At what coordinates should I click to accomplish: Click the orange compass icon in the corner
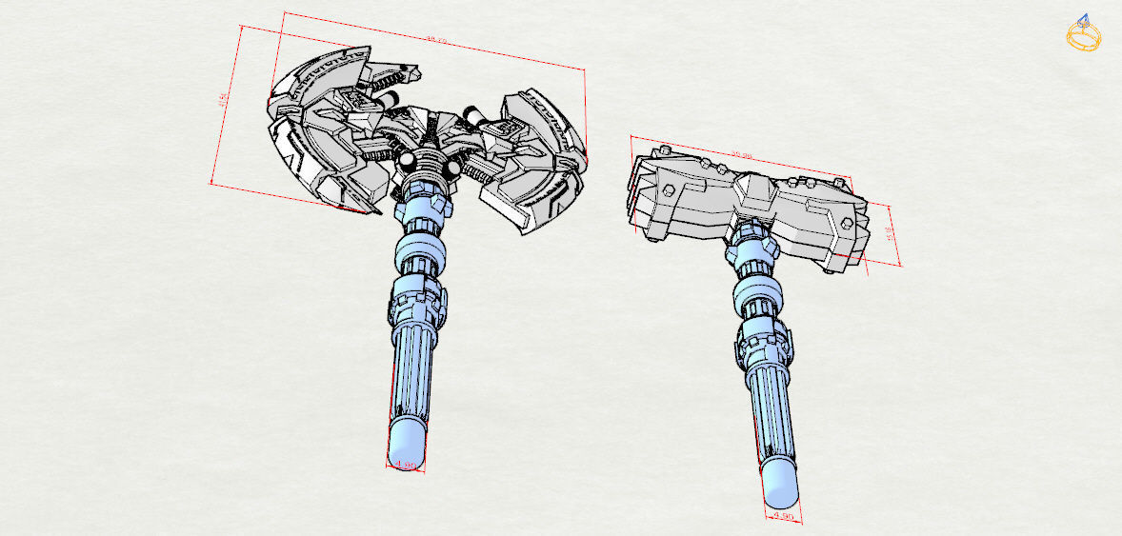(1084, 34)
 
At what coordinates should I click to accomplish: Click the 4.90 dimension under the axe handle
(405, 466)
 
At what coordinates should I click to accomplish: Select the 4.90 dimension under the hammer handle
(783, 515)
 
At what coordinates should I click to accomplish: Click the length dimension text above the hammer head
(742, 156)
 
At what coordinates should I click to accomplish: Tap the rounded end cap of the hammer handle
(779, 486)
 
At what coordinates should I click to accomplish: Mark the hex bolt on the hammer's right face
(846, 227)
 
